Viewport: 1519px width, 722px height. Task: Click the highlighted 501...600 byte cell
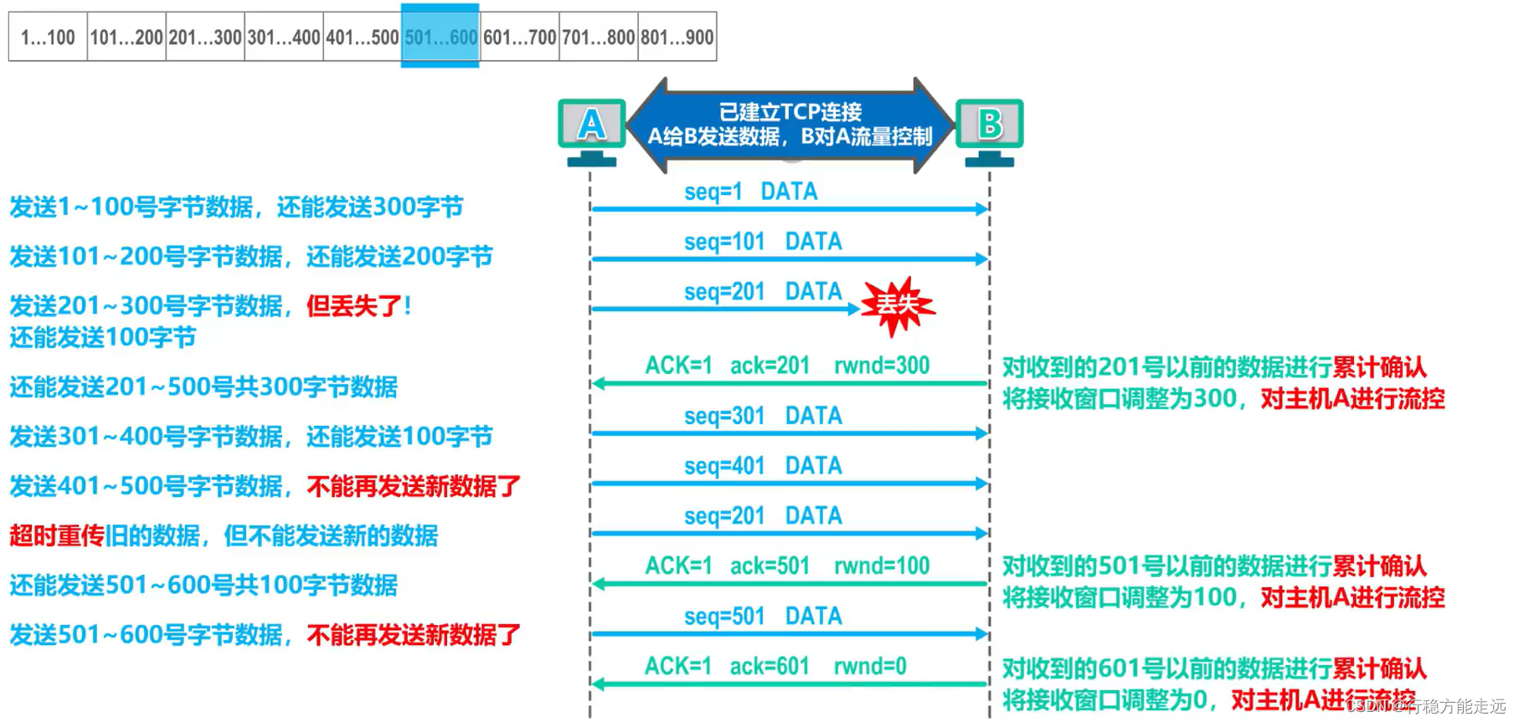[440, 37]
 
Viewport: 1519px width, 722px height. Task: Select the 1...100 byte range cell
[48, 37]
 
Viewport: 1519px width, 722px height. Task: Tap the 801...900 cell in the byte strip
[677, 37]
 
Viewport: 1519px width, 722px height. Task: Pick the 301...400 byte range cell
[284, 37]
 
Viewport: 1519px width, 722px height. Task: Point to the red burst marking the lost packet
[897, 305]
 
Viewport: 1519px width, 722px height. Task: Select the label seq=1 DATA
[750, 192]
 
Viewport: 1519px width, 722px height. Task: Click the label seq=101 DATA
[762, 242]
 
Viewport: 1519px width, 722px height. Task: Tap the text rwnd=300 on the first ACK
[882, 366]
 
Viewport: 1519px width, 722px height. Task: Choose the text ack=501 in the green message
[770, 566]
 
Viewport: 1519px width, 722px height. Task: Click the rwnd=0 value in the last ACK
[869, 667]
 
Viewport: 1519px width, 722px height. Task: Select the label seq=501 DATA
[762, 617]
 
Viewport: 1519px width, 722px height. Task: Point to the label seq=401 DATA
[762, 466]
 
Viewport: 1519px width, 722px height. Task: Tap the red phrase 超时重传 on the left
[57, 535]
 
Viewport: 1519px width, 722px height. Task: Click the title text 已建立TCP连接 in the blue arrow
[790, 112]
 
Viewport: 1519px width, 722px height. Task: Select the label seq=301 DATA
[762, 416]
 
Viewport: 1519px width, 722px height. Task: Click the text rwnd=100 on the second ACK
[882, 566]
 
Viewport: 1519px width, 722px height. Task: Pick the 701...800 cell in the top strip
[598, 37]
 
